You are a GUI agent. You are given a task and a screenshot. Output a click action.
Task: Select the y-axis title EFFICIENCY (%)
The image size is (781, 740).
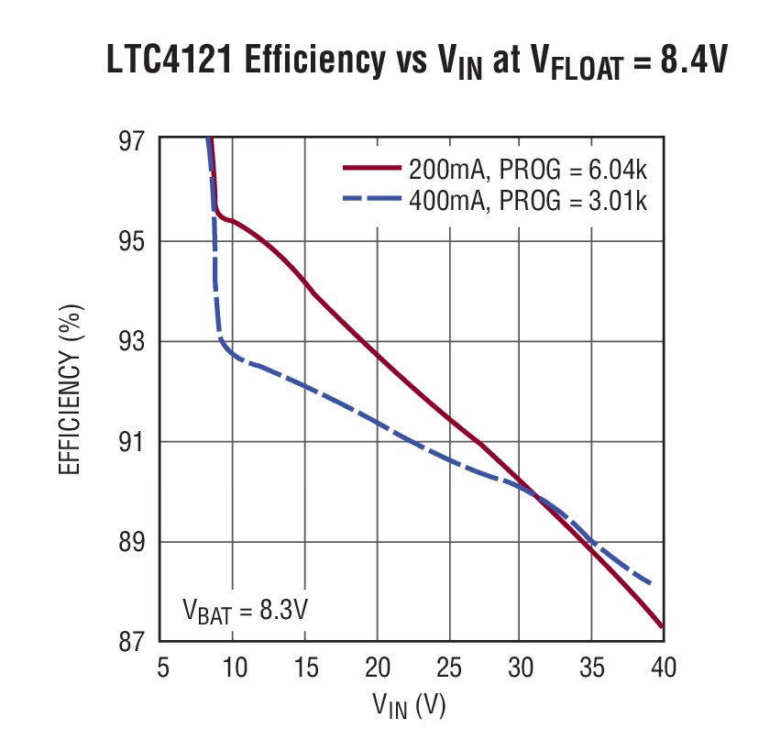[x=70, y=391]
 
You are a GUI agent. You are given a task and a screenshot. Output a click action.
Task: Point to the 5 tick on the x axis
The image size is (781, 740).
[x=161, y=668]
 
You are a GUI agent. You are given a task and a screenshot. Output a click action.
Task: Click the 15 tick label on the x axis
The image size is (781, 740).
[x=304, y=668]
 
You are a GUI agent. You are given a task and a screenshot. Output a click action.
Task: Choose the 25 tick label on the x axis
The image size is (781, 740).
[x=448, y=668]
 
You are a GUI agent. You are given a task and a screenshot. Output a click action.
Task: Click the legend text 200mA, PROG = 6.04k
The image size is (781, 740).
[x=529, y=170]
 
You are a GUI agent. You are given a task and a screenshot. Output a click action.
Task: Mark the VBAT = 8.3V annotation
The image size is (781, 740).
[x=244, y=609]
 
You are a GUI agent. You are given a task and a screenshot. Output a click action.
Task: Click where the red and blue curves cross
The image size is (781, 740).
[x=533, y=496]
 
